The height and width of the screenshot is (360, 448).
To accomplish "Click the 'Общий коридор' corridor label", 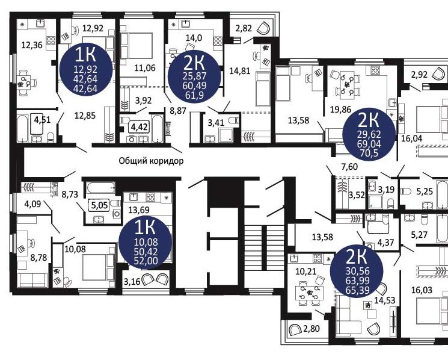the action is (151, 161).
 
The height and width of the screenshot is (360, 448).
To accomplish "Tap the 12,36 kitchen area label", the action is (32, 45).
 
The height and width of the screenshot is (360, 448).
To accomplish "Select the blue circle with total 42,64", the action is (86, 69).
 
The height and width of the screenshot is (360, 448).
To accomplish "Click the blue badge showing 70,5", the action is (369, 134).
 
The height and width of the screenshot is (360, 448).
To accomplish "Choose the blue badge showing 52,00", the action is (146, 242).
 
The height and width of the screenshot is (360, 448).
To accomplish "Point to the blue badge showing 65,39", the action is (357, 271).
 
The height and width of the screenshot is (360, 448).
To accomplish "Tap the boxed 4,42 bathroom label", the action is (140, 126).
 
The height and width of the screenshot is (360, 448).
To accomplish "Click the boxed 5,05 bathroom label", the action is (100, 205).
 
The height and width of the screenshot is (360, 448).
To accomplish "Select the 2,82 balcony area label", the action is (244, 28).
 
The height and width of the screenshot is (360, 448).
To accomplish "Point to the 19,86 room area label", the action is (340, 109).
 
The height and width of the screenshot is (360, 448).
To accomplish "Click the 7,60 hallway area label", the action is (349, 166).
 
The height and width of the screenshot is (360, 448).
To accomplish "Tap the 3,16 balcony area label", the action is (132, 281).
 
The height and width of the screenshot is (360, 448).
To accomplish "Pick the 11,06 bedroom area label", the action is (145, 68).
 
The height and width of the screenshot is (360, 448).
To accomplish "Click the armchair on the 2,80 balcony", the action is (295, 330).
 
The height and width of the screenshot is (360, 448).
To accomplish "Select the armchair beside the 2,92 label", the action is (438, 73).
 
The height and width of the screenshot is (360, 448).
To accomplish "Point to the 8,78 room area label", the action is (39, 258).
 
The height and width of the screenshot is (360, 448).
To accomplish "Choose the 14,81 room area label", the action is (240, 70).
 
